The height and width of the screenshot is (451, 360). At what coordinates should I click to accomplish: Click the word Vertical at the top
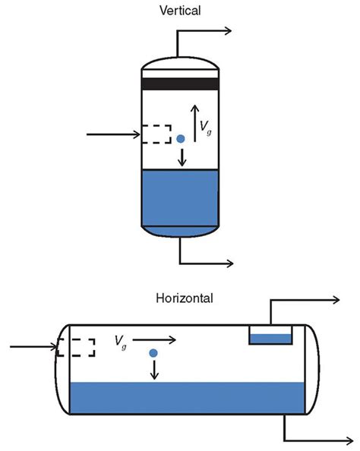tap(180, 11)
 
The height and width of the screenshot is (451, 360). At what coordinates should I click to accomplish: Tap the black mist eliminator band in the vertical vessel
tap(180, 84)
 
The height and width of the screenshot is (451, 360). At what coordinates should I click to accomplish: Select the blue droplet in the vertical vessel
tap(181, 139)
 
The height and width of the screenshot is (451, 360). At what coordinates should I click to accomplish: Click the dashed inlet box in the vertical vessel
tap(156, 134)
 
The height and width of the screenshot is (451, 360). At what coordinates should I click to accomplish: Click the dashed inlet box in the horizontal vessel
tap(76, 347)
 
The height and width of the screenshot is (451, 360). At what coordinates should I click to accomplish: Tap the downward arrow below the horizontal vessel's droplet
tap(154, 369)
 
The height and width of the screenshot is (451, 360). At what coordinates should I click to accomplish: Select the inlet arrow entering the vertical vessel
tap(114, 135)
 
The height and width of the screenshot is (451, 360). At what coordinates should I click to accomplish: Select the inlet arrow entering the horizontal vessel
tap(30, 348)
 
